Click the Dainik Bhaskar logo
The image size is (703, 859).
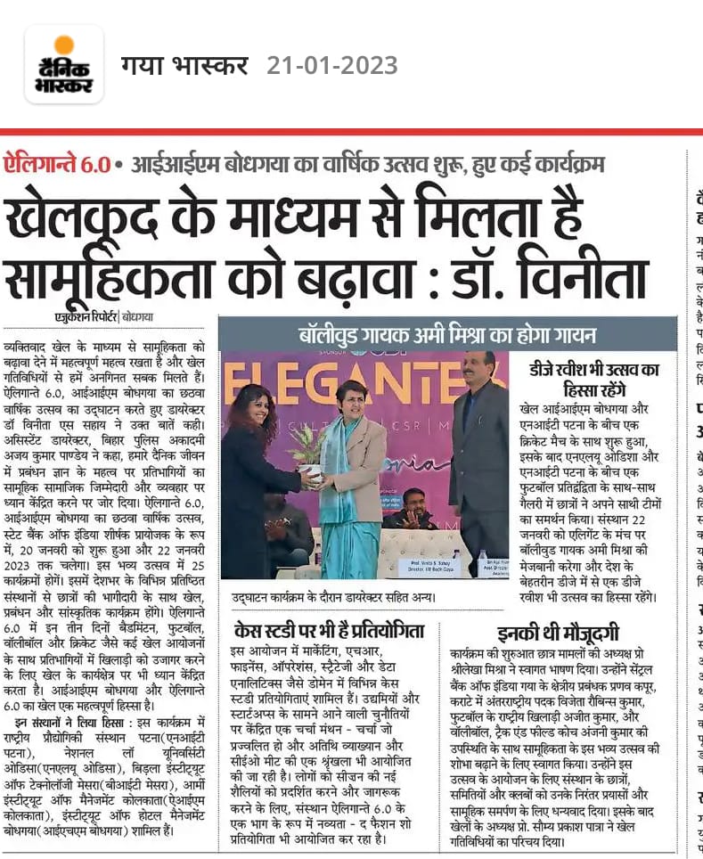[63, 64]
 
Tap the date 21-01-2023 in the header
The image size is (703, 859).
[331, 65]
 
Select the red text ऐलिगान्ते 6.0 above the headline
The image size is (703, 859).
[57, 165]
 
